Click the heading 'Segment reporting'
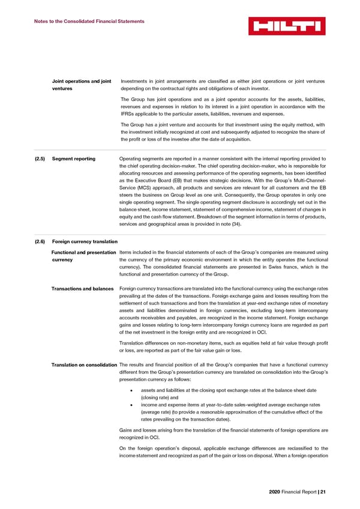[x=74, y=159]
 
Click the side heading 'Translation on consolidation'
[x=85, y=366]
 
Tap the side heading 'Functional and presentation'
[x=85, y=251]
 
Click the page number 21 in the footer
[x=323, y=492]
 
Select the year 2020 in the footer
[x=275, y=492]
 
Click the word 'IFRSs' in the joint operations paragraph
[x=128, y=113]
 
